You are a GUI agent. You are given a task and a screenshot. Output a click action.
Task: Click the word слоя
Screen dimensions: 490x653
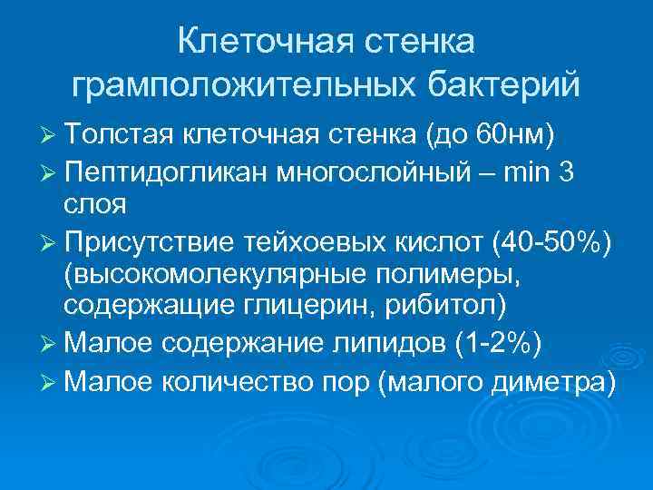pyautogui.click(x=95, y=204)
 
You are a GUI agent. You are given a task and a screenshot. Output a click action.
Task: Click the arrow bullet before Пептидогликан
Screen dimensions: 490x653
pyautogui.click(x=49, y=174)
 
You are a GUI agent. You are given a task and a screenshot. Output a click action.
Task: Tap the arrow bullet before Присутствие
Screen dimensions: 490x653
pyautogui.click(x=49, y=243)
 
